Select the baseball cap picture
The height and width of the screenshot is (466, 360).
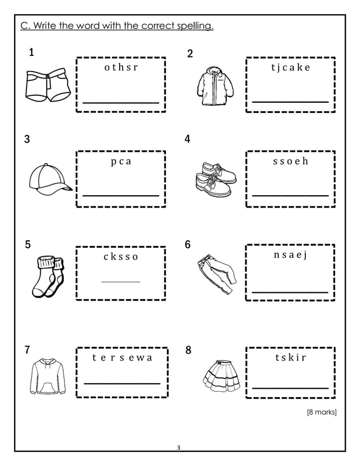click(x=49, y=178)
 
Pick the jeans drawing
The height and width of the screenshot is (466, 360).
click(x=217, y=274)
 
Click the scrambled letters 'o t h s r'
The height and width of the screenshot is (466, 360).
click(x=121, y=68)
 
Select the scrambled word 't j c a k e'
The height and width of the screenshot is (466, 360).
click(x=290, y=68)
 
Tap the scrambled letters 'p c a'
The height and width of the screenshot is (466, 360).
click(x=121, y=161)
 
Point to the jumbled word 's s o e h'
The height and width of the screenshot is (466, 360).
click(x=290, y=161)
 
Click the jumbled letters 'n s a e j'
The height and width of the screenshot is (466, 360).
click(x=290, y=256)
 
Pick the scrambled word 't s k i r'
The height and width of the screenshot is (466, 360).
click(x=290, y=358)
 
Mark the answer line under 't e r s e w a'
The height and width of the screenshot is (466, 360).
click(x=122, y=383)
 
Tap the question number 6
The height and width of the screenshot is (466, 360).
click(x=188, y=245)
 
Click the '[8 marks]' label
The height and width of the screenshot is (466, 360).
click(x=321, y=413)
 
